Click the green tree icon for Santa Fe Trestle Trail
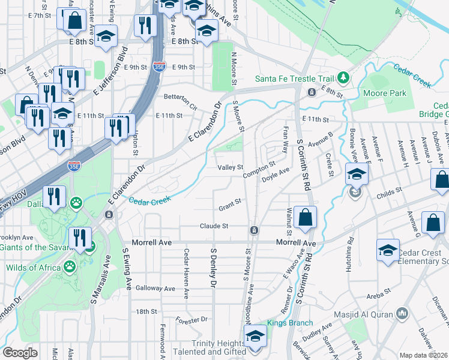pyautogui.click(x=343, y=77)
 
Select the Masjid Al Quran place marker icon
pyautogui.click(x=402, y=314)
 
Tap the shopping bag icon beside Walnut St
pyautogui.click(x=306, y=217)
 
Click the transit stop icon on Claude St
pyautogui.click(x=255, y=230)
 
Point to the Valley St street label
pyautogui.click(x=230, y=167)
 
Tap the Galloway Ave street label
pyautogui.click(x=155, y=289)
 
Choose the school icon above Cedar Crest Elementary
pyautogui.click(x=388, y=250)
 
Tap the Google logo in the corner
pyautogui.click(x=20, y=352)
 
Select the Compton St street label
pyautogui.click(x=259, y=169)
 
